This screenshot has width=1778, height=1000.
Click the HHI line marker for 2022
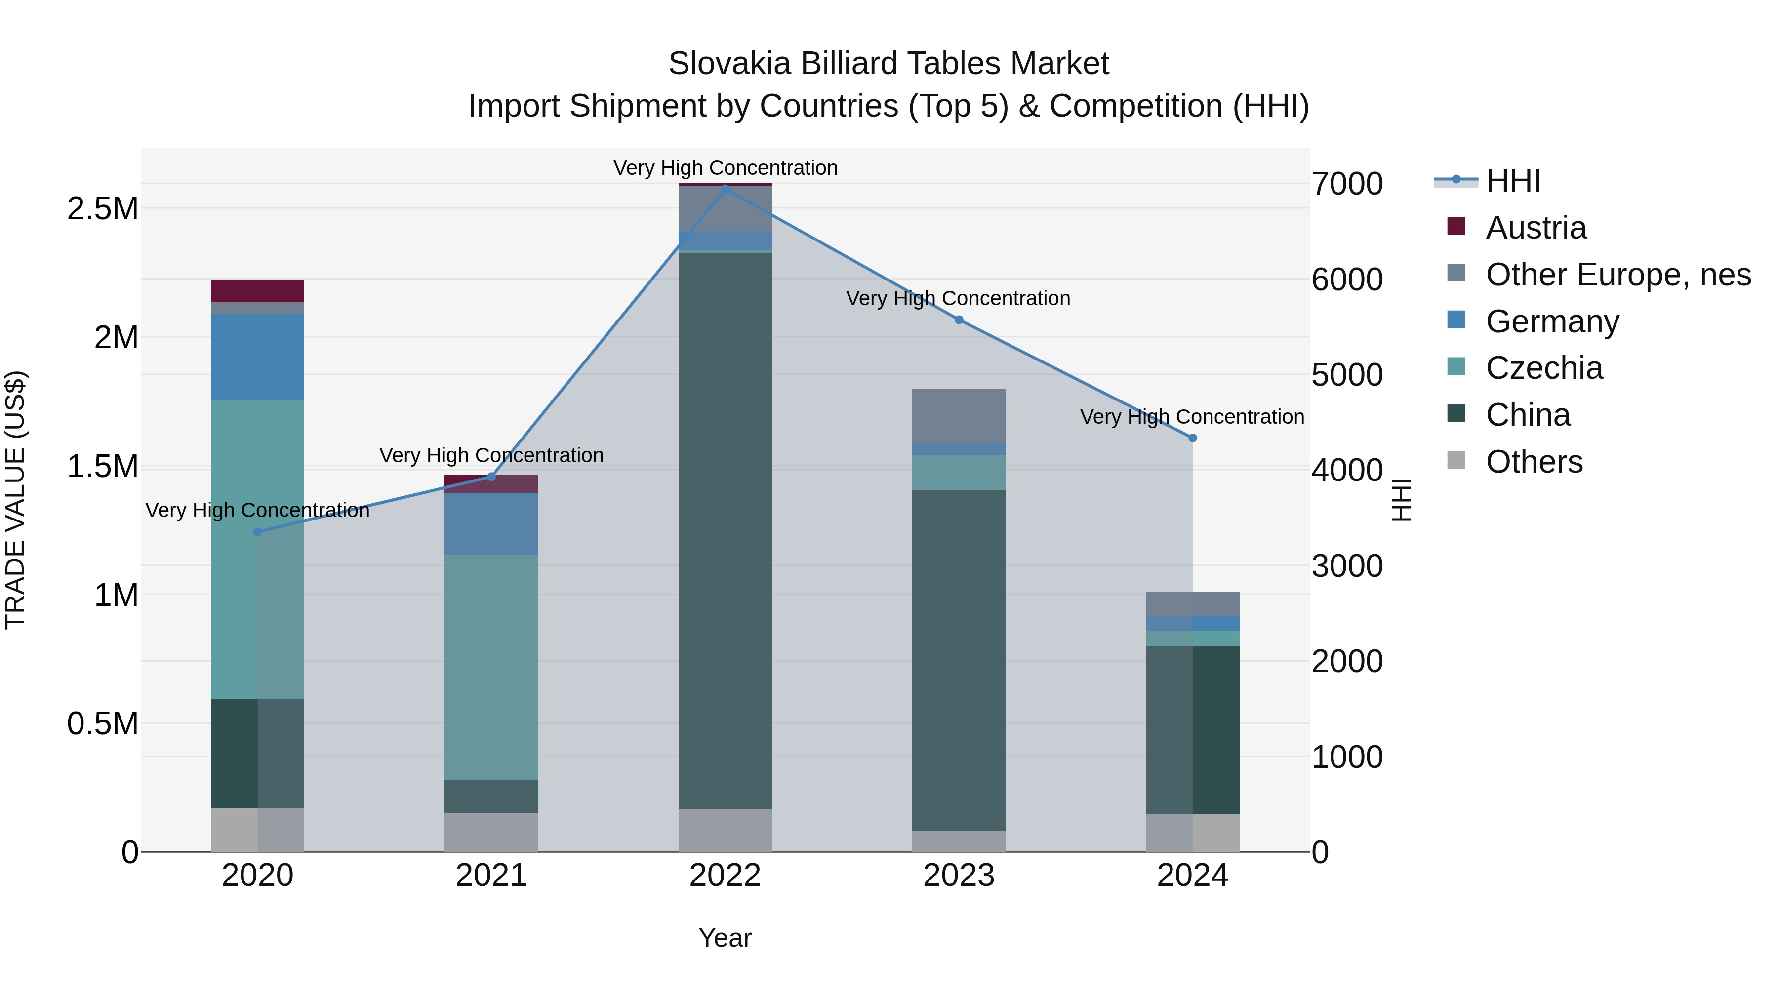725,188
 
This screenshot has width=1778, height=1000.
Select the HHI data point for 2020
257,532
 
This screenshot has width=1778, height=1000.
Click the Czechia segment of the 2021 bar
491,667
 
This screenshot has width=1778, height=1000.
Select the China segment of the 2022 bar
725,530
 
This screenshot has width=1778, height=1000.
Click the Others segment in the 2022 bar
725,830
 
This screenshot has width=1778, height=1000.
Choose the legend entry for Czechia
1543,368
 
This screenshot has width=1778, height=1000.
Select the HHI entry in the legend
1512,181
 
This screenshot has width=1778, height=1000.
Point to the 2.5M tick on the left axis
103,208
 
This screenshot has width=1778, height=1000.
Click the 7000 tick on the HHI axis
1347,184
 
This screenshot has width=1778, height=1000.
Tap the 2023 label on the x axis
959,876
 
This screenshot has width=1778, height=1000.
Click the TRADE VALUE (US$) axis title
16,500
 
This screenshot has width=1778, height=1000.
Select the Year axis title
725,938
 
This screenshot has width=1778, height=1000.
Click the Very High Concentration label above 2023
958,298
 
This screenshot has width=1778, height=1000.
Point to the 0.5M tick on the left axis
103,724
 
